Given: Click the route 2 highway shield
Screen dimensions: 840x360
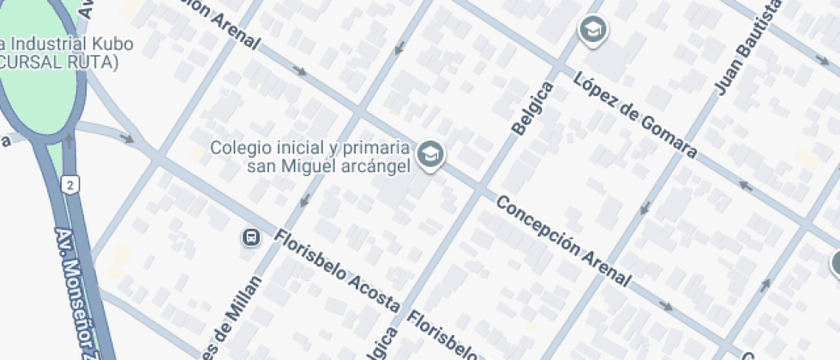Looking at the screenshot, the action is (x=69, y=184).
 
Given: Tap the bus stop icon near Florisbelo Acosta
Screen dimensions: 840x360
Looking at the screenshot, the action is (x=251, y=237).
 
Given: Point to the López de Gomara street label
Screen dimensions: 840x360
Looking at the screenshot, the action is (x=635, y=117).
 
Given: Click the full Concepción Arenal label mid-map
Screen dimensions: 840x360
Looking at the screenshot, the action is (x=564, y=242).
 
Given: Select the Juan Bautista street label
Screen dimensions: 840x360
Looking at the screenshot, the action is (x=747, y=48).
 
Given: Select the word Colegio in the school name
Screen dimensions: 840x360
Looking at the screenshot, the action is (x=237, y=148).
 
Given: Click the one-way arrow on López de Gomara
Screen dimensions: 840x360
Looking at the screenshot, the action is (x=746, y=185).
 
